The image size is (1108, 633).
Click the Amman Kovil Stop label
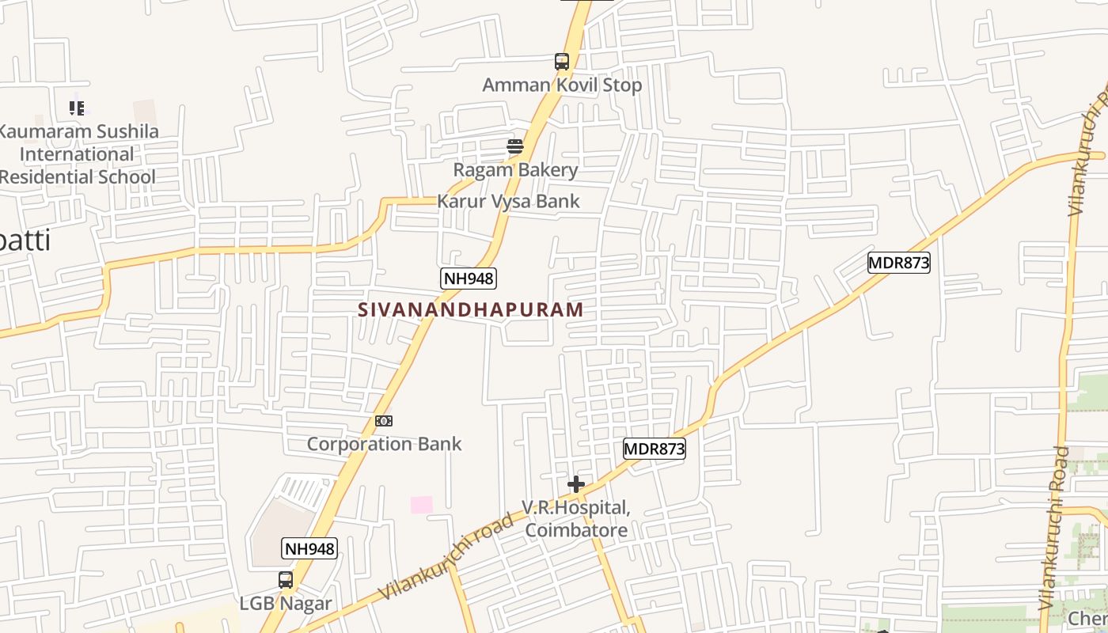pyautogui.click(x=562, y=85)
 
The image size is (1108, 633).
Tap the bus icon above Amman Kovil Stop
pyautogui.click(x=561, y=61)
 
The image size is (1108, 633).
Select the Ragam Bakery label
pyautogui.click(x=515, y=169)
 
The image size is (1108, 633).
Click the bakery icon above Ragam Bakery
pyautogui.click(x=515, y=146)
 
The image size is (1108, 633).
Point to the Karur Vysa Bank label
pyautogui.click(x=508, y=201)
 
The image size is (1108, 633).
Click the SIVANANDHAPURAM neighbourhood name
pyautogui.click(x=471, y=309)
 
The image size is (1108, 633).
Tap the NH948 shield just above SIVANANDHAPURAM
pyautogui.click(x=468, y=278)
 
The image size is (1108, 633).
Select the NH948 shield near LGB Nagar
pyautogui.click(x=309, y=548)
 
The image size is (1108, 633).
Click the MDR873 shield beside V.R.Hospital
pyautogui.click(x=654, y=449)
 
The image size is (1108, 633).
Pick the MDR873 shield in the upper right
pyautogui.click(x=898, y=263)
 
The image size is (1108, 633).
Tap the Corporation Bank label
pyautogui.click(x=384, y=444)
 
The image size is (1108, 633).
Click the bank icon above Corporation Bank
pyautogui.click(x=384, y=421)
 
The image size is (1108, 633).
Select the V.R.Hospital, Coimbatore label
pyautogui.click(x=576, y=518)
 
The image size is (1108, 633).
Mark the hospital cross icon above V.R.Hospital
pyautogui.click(x=576, y=483)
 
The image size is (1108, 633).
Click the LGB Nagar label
pyautogui.click(x=286, y=604)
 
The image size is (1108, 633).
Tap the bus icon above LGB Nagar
pyautogui.click(x=286, y=579)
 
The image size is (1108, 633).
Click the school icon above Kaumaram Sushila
pyautogui.click(x=77, y=108)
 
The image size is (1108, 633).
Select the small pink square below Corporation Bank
pyautogui.click(x=422, y=504)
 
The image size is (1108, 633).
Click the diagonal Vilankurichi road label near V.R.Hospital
pyautogui.click(x=445, y=556)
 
